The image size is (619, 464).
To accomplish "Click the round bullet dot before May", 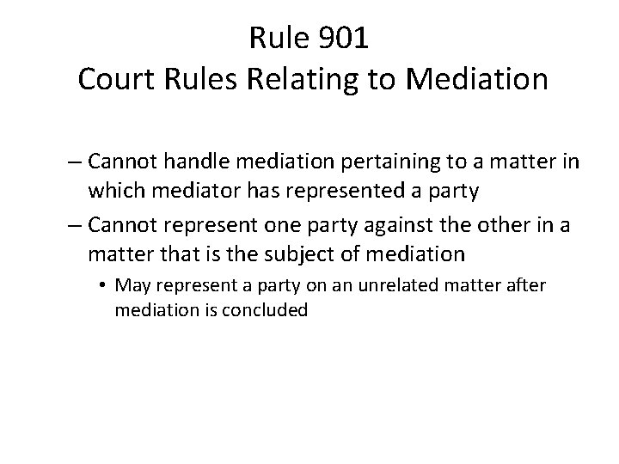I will (103, 285).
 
